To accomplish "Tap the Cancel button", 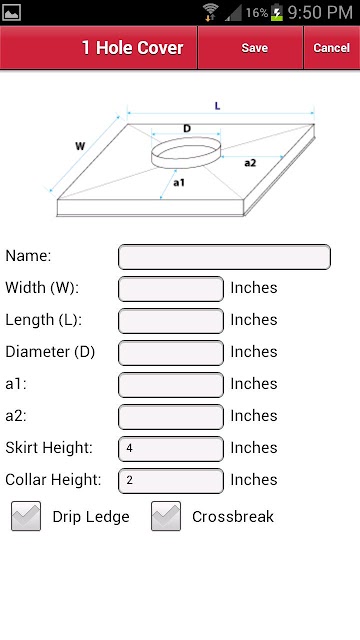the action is pos(332,48).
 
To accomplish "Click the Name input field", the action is pos(224,257).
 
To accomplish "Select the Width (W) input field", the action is pos(171,289).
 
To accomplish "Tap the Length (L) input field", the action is pos(171,320).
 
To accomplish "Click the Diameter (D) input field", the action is pos(171,352).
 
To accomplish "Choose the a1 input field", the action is pos(171,384).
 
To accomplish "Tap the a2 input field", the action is pos(171,416).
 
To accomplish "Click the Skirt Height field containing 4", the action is pos(171,448).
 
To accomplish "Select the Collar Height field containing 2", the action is pos(171,480).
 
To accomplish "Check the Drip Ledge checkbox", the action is pos(26,516).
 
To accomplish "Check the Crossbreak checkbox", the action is pos(166,516).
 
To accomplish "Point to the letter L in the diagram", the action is pos(218,106).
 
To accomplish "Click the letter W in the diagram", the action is pos(80,146).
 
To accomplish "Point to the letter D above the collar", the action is pos(187,129).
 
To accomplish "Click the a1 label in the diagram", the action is pos(179,182).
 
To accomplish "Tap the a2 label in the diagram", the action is pos(250,163).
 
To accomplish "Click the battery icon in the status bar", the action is pos(277,12).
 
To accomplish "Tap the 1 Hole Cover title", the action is pos(133,48).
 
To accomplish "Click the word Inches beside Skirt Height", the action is pos(254,448).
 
